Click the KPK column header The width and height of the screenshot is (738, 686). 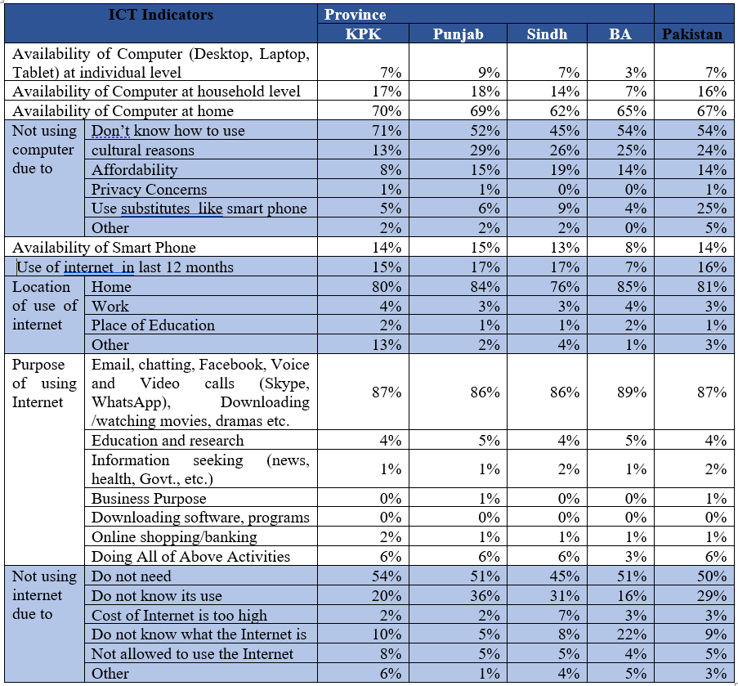click(x=363, y=34)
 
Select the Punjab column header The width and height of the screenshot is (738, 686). click(x=458, y=34)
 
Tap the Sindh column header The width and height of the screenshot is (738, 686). click(x=547, y=34)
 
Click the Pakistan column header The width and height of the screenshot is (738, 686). click(x=692, y=34)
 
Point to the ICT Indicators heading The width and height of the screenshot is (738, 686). click(x=161, y=15)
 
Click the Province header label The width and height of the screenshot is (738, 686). click(x=356, y=15)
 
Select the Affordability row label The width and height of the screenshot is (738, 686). click(x=135, y=169)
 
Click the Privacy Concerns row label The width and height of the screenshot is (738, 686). click(x=150, y=189)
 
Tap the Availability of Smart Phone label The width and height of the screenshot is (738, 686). click(x=104, y=248)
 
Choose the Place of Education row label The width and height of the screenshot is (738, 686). click(x=153, y=325)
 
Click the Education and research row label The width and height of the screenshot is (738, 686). click(x=168, y=440)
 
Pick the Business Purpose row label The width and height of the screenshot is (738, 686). click(x=149, y=498)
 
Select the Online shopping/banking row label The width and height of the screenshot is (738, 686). click(x=174, y=536)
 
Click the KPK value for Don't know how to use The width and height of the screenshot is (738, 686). click(x=387, y=131)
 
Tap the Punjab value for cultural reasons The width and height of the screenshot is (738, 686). click(x=485, y=150)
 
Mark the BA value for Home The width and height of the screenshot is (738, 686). click(x=632, y=287)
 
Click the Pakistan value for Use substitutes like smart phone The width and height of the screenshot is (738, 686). click(x=712, y=208)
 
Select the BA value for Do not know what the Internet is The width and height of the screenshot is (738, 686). click(x=632, y=634)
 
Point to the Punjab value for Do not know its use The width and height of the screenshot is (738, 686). click(x=485, y=595)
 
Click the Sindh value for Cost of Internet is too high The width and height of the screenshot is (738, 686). click(x=569, y=616)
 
